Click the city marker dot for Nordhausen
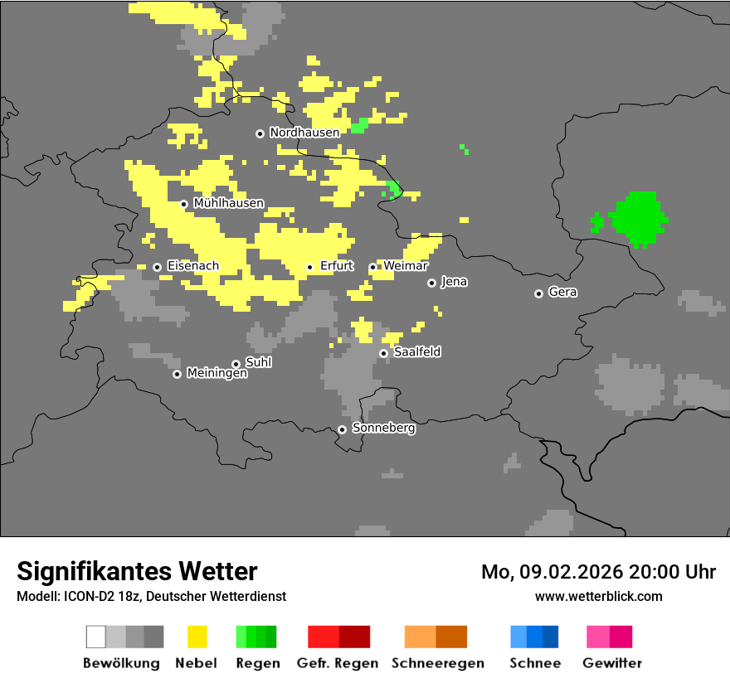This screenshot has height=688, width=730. coord(260,133)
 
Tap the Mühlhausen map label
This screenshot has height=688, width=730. coord(228,203)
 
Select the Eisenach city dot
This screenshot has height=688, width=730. coord(157,267)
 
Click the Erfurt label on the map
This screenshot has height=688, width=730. coord(336,266)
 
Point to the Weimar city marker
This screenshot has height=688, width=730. coord(372,267)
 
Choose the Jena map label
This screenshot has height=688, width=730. coord(454,282)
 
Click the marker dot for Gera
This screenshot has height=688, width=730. coord(538,293)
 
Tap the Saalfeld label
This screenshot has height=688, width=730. coord(416,352)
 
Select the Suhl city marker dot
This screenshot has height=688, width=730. coord(236,364)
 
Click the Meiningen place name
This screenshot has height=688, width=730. coord(217,374)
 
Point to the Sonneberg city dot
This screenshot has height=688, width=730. coord(342,429)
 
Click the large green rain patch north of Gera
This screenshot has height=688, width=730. coord(639,218)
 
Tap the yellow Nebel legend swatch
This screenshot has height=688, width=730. coord(197,637)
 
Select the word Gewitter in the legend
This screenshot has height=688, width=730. coord(612,663)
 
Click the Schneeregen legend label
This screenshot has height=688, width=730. coord(438,663)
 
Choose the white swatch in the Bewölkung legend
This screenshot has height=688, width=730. coord(96,637)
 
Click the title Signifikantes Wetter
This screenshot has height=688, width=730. coord(137,571)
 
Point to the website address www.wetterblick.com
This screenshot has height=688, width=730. coord(598,597)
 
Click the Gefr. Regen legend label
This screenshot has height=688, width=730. coord(337,663)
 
